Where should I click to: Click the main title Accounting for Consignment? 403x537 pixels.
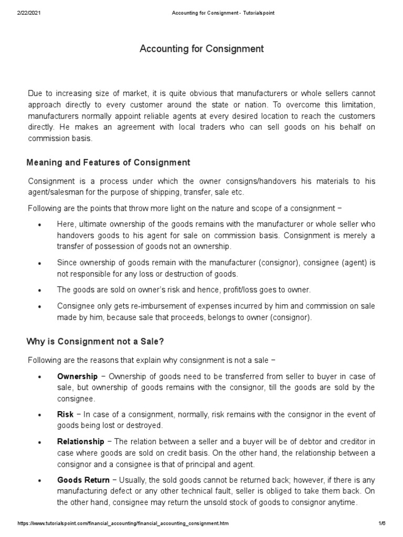(201, 49)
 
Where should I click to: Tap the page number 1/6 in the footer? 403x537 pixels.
(381, 524)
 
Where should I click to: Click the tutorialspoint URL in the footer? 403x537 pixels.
(123, 524)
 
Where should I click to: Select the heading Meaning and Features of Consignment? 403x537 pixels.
(108, 163)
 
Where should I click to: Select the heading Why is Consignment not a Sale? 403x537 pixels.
(95, 342)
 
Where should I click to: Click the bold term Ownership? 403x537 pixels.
(77, 377)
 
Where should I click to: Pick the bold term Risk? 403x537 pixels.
(65, 414)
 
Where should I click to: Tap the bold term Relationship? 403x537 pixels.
(80, 442)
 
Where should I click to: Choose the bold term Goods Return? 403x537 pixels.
(83, 480)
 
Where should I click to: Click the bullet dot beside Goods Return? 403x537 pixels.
(40, 481)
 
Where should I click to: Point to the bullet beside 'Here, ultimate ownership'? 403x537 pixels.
(40, 225)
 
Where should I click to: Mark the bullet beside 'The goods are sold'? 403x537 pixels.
(40, 290)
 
